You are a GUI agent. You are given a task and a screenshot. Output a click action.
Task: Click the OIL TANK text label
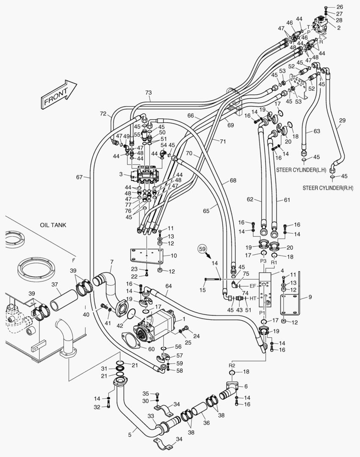(x=53, y=225)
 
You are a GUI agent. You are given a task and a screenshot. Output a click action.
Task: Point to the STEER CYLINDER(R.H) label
(x=328, y=187)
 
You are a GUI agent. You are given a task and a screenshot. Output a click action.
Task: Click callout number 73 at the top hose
(x=148, y=93)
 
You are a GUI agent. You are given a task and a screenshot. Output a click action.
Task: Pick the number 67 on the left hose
(x=79, y=177)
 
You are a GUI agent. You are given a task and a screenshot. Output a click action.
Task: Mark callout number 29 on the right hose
(x=342, y=121)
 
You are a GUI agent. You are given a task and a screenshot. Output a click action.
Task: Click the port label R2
(x=232, y=365)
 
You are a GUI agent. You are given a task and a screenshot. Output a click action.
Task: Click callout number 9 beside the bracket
(x=310, y=297)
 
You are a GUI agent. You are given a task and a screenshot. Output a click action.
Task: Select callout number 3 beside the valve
(x=121, y=174)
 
